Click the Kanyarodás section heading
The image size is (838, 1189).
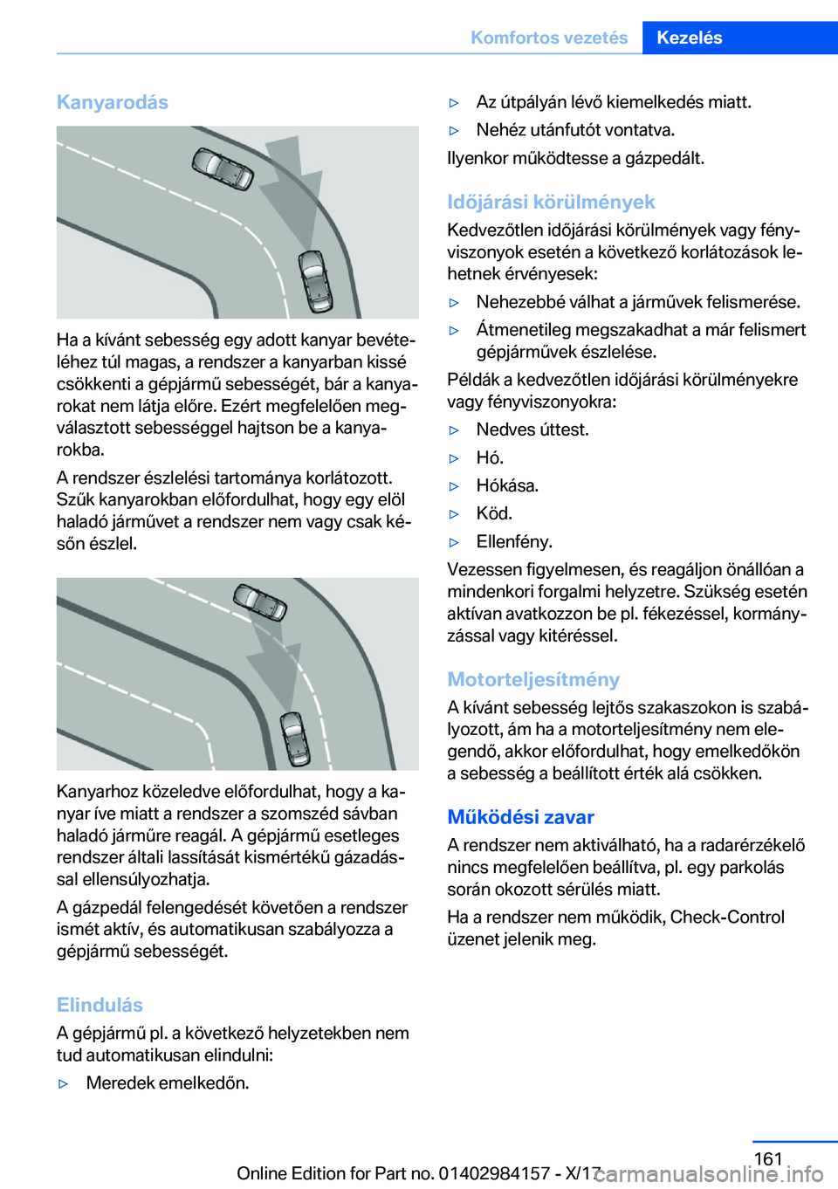113,102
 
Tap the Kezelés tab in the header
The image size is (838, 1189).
690,38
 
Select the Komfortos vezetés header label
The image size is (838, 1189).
549,38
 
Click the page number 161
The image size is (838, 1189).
768,1158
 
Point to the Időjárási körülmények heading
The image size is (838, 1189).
551,202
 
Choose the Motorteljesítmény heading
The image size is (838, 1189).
533,679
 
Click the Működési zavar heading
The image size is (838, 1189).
520,817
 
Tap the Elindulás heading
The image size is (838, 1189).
100,1005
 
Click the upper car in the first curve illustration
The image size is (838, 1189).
223,168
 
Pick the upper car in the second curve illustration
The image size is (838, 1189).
260,601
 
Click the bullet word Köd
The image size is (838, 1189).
494,513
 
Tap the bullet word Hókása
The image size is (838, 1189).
507,485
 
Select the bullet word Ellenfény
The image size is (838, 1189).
514,541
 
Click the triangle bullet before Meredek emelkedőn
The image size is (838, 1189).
63,1083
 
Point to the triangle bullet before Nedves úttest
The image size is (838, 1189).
454,430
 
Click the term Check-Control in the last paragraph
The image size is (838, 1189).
727,917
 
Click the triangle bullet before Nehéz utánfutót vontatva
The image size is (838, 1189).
454,131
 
